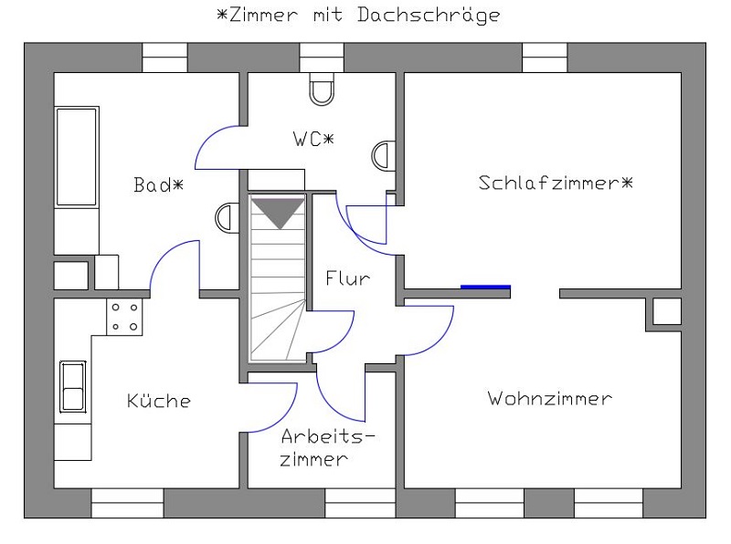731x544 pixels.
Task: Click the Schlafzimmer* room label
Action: click(556, 183)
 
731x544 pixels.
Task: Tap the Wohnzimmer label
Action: click(549, 399)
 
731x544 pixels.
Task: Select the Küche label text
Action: click(159, 401)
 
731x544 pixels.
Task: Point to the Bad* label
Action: click(158, 185)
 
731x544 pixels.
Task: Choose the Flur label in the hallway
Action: click(348, 278)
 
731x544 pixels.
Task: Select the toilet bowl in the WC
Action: click(322, 89)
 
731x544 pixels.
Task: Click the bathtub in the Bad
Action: click(77, 156)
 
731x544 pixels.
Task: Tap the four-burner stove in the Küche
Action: click(126, 317)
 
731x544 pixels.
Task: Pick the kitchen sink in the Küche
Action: click(72, 385)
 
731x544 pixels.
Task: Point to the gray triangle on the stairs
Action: click(277, 213)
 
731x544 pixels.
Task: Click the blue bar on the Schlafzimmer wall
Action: click(485, 287)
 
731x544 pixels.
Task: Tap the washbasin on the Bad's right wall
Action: click(225, 217)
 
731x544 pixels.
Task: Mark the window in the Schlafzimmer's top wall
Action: click(545, 57)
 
